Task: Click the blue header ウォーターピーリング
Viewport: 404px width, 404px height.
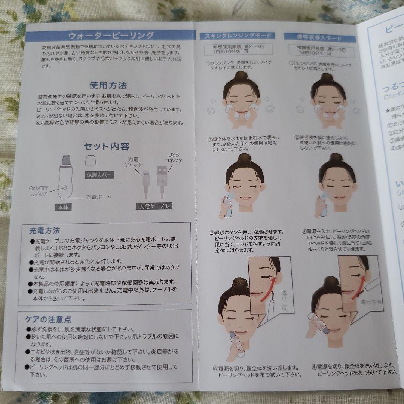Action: coord(111,36)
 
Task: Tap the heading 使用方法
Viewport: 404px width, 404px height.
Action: coord(108,85)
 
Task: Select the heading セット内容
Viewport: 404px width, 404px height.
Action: coord(107,146)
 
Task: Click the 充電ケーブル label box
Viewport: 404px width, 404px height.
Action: coord(154,206)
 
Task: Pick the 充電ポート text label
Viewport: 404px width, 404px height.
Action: coord(98,197)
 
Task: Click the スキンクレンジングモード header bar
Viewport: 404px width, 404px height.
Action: coord(237,36)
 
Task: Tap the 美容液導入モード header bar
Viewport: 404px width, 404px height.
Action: coord(319,37)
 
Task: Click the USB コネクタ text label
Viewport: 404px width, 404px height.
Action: coord(174,157)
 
